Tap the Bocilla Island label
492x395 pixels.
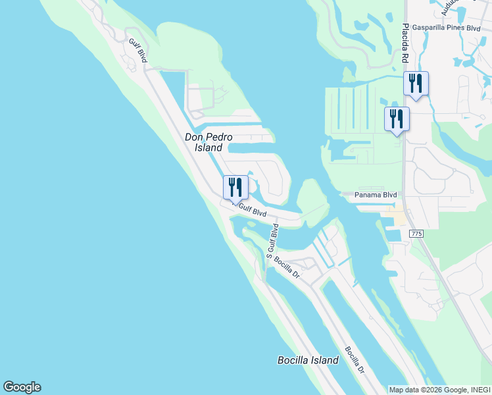point(308,360)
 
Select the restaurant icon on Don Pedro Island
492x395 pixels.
point(235,187)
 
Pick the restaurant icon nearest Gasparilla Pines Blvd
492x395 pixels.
point(416,83)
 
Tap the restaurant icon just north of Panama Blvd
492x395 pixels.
point(397,118)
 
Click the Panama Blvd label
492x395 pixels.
point(376,195)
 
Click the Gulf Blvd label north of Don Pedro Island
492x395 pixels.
point(138,51)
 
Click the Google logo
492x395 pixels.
point(22,387)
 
